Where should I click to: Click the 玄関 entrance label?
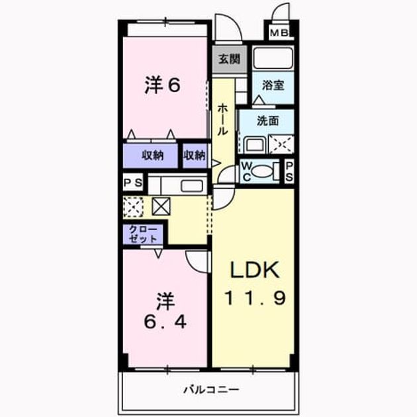[229, 59]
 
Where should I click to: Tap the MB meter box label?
[279, 33]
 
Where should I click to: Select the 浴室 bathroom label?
[273, 85]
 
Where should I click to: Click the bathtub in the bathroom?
[273, 58]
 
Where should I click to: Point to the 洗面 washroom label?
[267, 120]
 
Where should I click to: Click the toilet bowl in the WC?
[262, 171]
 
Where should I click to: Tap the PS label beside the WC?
[289, 171]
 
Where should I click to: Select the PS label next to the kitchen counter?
[133, 183]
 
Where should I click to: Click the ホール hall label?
[222, 120]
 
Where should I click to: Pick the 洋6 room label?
[163, 85]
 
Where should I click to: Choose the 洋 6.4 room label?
[165, 311]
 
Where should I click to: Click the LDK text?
[255, 269]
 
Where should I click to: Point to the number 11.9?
[255, 298]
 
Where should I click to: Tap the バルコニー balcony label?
[212, 390]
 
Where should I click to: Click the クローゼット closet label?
[143, 234]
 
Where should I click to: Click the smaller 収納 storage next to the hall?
[195, 156]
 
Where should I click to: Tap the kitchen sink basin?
[192, 185]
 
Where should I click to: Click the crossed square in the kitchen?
[161, 207]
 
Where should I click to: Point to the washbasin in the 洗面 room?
[255, 145]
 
